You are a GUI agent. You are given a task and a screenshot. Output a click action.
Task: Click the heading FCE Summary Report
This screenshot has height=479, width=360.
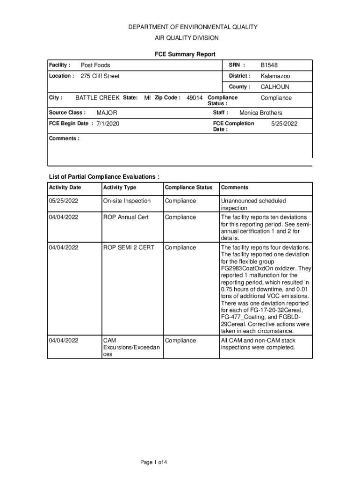185,55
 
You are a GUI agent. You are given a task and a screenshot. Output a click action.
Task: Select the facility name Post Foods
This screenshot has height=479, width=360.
95,65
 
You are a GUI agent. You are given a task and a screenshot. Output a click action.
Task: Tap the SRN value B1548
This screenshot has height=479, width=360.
269,65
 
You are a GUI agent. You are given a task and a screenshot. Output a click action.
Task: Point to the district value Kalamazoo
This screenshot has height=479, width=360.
275,76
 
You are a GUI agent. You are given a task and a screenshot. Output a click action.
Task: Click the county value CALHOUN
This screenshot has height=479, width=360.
275,87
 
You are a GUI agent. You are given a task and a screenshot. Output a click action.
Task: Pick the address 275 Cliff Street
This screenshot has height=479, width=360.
100,76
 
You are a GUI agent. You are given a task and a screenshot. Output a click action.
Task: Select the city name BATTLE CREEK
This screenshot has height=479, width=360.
97,98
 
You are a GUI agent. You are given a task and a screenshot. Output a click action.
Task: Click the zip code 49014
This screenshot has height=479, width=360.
194,98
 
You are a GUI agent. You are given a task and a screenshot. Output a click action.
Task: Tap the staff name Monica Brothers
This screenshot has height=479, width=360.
261,113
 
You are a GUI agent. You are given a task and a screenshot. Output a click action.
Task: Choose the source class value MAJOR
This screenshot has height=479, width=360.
107,113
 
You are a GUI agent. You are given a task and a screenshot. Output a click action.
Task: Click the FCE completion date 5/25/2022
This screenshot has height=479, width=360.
284,123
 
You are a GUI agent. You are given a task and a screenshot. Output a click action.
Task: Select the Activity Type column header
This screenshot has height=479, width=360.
120,188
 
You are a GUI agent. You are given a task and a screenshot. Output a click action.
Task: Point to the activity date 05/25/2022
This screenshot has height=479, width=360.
64,201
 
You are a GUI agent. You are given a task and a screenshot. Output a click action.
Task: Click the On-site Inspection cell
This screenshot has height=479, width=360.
127,201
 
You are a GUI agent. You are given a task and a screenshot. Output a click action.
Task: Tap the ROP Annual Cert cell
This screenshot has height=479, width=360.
126,218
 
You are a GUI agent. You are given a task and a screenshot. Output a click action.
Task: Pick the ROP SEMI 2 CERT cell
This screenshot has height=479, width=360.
129,247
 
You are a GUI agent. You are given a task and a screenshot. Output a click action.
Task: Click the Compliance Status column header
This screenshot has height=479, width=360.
189,188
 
